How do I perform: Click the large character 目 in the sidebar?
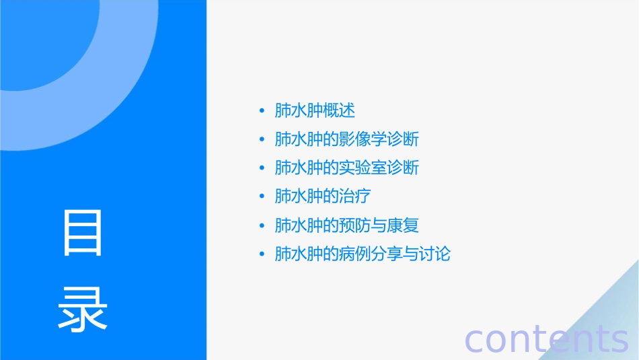coord(83,233)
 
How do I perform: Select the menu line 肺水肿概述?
coord(315,110)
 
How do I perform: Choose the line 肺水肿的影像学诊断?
coord(347,139)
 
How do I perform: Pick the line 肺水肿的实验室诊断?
coord(347,168)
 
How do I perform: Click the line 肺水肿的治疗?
coord(323,196)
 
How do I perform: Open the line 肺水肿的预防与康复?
coord(347,225)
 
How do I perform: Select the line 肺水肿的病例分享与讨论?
coord(363,254)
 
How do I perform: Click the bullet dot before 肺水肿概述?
coord(262,111)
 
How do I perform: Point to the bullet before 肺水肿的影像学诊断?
coord(262,140)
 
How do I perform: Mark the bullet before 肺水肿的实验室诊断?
coord(262,168)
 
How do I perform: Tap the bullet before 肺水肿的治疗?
coord(262,197)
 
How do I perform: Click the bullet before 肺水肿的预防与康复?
coord(262,226)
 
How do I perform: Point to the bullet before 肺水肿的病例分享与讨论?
coord(262,255)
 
